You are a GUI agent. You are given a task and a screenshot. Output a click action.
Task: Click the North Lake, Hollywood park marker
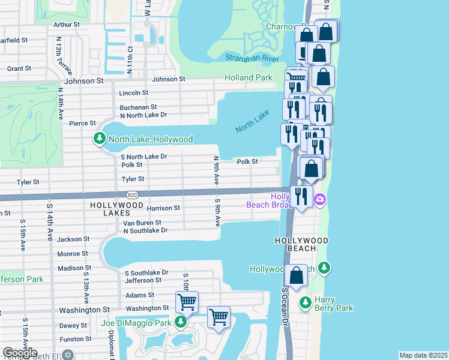(x=100, y=139)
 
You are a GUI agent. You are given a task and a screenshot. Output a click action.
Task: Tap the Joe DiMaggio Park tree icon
(x=181, y=323)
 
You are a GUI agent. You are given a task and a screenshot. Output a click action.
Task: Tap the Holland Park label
(x=248, y=78)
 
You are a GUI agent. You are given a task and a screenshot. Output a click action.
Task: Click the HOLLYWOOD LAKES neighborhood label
(x=116, y=205)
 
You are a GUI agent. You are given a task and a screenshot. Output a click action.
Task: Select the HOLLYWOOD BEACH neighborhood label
(x=301, y=241)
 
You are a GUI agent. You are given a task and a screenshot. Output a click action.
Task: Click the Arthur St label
(x=67, y=25)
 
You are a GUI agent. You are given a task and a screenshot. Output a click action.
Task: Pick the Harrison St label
(x=163, y=208)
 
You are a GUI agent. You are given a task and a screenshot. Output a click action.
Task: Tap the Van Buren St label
(x=142, y=223)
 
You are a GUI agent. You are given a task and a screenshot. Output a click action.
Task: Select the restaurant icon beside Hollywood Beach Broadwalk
(x=301, y=196)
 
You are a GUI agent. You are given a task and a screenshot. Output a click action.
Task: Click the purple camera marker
(x=320, y=199)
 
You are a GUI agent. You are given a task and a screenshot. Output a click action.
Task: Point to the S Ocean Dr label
(x=285, y=306)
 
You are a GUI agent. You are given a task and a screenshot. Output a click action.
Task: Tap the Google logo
(x=20, y=353)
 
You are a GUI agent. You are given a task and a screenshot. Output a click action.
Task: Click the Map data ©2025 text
(x=423, y=355)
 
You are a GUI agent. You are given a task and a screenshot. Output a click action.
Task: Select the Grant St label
(x=19, y=69)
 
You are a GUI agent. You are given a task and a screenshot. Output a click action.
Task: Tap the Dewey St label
(x=73, y=326)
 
